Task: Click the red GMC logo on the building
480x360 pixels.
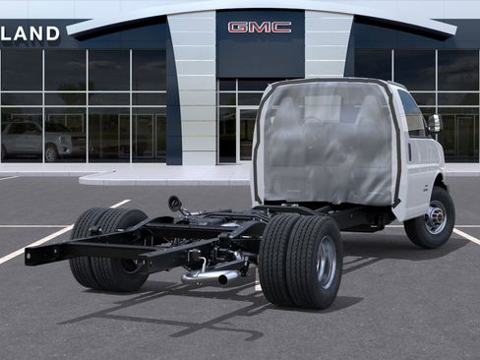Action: tap(259, 28)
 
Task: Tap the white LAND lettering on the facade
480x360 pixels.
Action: tap(30, 33)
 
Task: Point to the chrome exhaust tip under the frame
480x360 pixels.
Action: tap(228, 278)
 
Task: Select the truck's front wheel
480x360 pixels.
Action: tap(431, 217)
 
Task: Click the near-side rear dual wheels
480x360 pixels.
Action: tap(300, 261)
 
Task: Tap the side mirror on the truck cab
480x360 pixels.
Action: tap(434, 124)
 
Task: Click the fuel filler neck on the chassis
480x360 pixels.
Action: tap(176, 205)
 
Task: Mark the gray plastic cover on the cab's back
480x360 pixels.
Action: tap(327, 144)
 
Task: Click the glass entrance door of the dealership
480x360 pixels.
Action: tap(247, 133)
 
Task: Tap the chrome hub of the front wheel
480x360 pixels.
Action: tap(436, 217)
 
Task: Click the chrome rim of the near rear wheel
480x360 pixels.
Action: tap(326, 262)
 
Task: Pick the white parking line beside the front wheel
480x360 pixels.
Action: tap(466, 236)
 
